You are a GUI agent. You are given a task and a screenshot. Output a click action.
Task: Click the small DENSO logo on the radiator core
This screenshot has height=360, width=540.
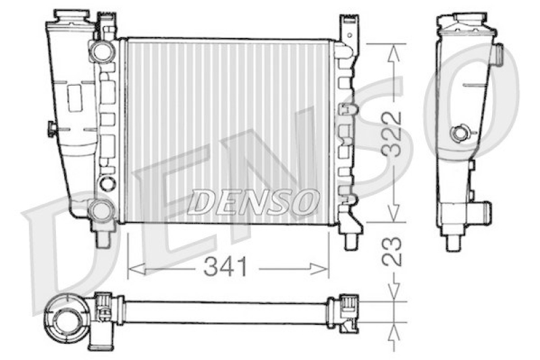pyautogui.click(x=252, y=201)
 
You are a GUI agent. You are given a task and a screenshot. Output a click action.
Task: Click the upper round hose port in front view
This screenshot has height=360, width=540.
pyautogui.click(x=102, y=51)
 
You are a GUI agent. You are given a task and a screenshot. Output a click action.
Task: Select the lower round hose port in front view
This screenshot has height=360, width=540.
pyautogui.click(x=101, y=209)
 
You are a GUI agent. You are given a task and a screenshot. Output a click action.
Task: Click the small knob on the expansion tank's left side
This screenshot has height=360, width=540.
pyautogui.click(x=51, y=128)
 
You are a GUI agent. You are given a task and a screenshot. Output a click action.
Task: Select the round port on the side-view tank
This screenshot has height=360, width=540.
pyautogui.click(x=460, y=134)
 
